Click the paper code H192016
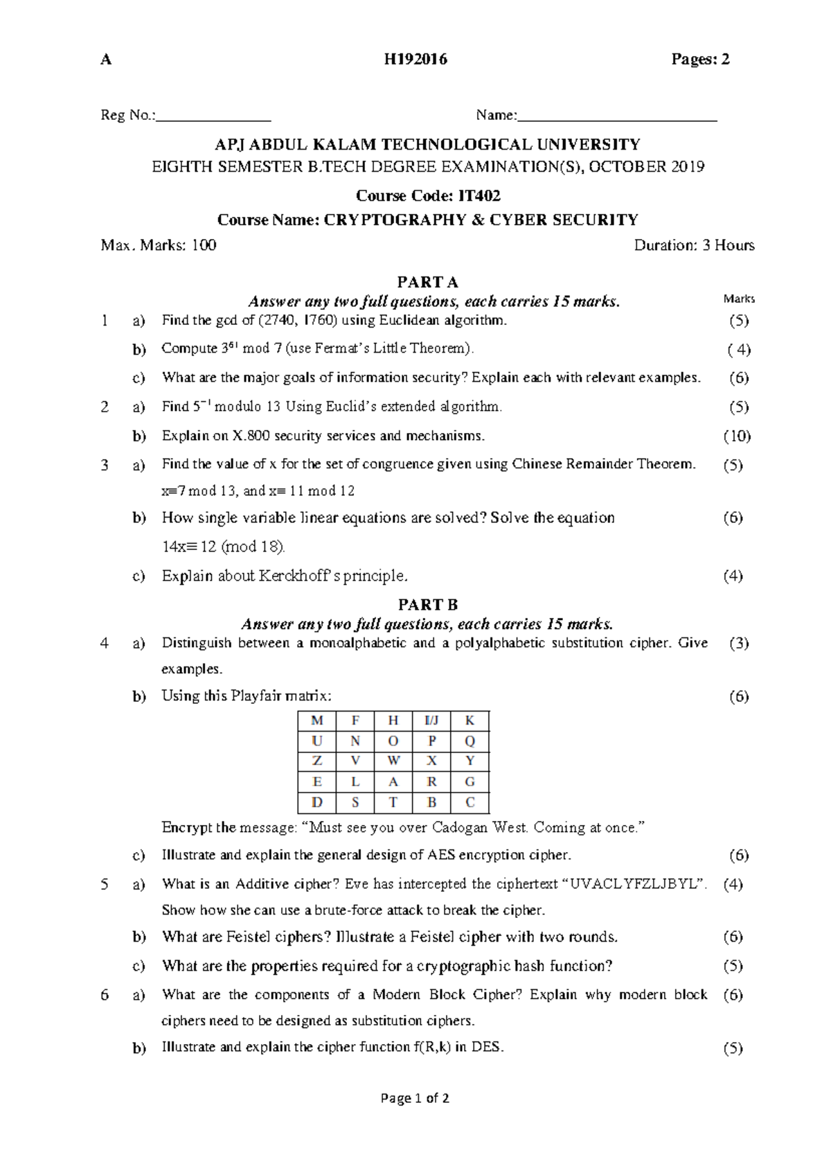pyautogui.click(x=415, y=60)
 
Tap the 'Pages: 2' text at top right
pyautogui.click(x=700, y=60)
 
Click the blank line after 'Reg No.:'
pyautogui.click(x=213, y=116)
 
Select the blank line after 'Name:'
pyautogui.click(x=617, y=116)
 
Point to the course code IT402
pyautogui.click(x=474, y=196)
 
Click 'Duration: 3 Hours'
pyautogui.click(x=694, y=245)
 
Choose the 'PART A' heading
pyautogui.click(x=427, y=282)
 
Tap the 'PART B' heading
pyautogui.click(x=427, y=604)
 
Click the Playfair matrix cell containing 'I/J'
pyautogui.click(x=431, y=721)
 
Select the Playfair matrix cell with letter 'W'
pyautogui.click(x=393, y=761)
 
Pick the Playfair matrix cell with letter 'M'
pyautogui.click(x=317, y=721)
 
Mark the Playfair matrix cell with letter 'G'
pyautogui.click(x=470, y=781)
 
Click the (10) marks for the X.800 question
pyautogui.click(x=737, y=436)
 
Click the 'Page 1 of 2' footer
pyautogui.click(x=415, y=1098)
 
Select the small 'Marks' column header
pyautogui.click(x=739, y=299)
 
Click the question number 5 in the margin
pyautogui.click(x=105, y=884)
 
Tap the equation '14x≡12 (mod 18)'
pyautogui.click(x=223, y=547)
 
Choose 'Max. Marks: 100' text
pyautogui.click(x=159, y=245)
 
